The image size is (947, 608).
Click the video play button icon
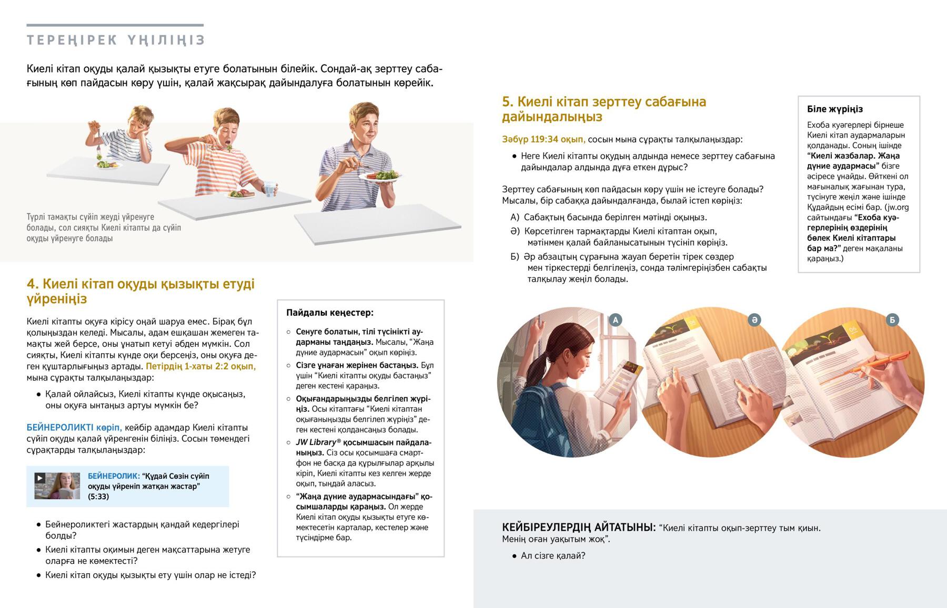(39, 478)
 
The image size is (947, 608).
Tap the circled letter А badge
(615, 320)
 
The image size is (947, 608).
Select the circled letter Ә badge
(754, 320)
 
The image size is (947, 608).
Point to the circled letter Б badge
(892, 320)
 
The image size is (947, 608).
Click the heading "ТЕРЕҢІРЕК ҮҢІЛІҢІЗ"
(116, 40)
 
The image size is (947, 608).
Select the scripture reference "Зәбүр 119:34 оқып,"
(543, 139)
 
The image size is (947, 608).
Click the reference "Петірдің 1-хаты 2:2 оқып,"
(201, 366)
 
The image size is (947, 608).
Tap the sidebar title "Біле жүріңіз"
(835, 109)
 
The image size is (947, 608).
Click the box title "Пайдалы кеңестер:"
(330, 313)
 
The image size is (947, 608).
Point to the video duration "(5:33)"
(98, 497)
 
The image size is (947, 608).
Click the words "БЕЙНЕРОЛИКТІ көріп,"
(74, 428)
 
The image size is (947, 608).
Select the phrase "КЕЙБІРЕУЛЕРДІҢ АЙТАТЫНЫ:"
(579, 527)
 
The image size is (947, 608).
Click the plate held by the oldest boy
(380, 176)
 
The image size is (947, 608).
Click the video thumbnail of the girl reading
(57, 486)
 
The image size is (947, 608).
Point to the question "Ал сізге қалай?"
(553, 555)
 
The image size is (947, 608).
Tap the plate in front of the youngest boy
(108, 165)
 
